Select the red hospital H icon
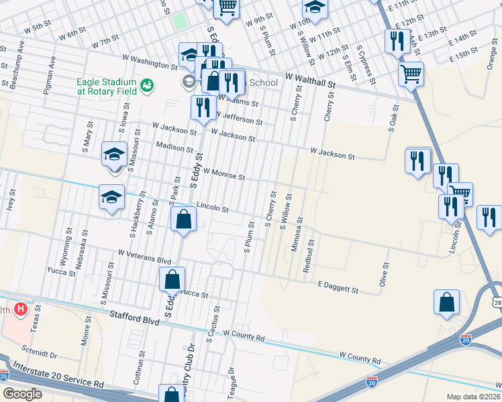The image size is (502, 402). [21, 310]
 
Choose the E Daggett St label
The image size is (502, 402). [338, 287]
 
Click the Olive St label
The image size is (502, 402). [385, 275]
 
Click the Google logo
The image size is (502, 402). [22, 394]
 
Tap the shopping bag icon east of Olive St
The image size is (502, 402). [446, 301]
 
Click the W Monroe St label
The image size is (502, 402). [224, 174]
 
